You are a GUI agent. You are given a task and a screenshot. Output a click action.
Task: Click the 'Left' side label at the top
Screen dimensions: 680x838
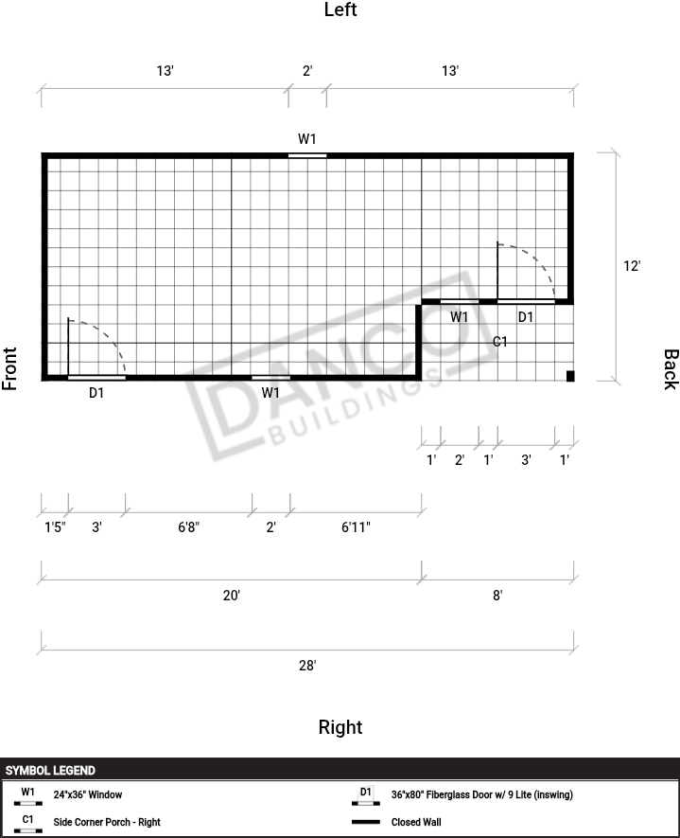(340, 9)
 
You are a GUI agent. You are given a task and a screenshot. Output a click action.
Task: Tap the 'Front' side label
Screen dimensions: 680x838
(9, 368)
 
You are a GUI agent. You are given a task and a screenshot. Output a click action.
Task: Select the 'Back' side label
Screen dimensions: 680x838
(671, 370)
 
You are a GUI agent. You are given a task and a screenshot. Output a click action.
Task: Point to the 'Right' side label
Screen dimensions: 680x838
(340, 727)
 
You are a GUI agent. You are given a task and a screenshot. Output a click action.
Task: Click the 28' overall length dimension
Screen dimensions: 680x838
(307, 666)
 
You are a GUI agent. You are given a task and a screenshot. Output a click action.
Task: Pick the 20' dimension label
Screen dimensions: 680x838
(232, 596)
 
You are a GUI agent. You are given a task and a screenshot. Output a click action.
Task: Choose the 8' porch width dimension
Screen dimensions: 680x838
(497, 596)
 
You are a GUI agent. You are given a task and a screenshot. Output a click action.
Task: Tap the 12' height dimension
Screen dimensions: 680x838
(632, 266)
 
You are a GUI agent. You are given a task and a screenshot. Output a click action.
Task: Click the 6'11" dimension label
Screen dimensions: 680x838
(356, 527)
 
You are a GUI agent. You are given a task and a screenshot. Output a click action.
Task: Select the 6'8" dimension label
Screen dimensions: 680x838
(188, 527)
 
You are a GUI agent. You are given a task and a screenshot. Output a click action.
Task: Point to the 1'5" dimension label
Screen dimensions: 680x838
(55, 527)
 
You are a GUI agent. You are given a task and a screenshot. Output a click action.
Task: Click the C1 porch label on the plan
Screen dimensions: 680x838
(500, 342)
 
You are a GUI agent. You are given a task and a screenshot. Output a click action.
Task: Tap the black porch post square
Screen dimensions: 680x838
(570, 376)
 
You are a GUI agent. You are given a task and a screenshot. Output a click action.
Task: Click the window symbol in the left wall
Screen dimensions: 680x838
(307, 155)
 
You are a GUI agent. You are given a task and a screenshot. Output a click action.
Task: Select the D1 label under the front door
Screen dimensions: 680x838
(96, 393)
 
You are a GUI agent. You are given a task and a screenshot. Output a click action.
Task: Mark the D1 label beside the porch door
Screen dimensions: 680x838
(526, 317)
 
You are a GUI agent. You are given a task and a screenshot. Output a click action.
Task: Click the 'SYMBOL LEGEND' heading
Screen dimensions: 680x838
(50, 770)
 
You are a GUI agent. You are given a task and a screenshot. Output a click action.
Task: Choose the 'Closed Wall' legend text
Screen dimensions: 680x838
(416, 822)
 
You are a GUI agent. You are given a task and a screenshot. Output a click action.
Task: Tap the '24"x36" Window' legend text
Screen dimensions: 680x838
(88, 794)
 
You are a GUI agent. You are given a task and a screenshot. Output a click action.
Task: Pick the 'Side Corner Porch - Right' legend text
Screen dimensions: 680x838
(107, 822)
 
